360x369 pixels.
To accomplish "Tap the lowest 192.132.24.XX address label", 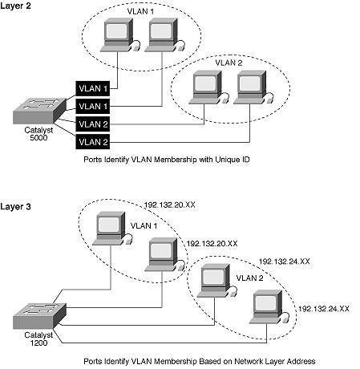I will (x=326, y=307).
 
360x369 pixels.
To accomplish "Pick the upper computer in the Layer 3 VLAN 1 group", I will (x=108, y=227).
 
